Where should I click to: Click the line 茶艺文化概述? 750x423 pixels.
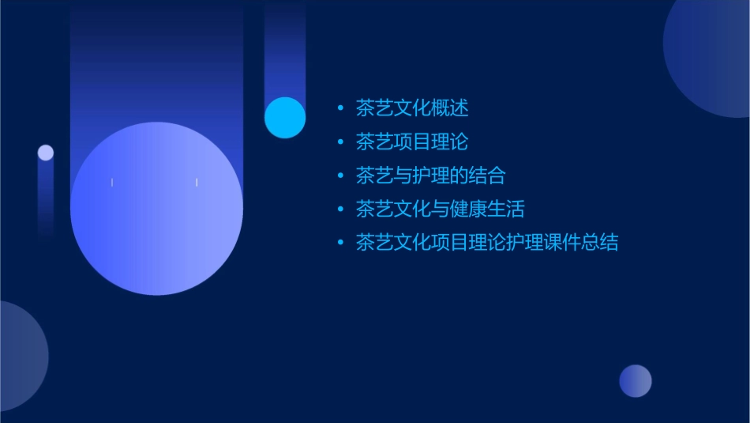[412, 108]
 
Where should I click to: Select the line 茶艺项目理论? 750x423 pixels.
[412, 142]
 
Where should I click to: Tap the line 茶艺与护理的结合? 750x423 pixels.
[430, 175]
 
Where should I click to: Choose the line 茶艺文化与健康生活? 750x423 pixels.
[440, 209]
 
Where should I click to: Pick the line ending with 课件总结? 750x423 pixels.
[486, 243]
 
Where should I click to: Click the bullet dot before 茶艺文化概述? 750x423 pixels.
[340, 108]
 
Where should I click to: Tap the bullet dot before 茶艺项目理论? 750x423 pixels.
[340, 142]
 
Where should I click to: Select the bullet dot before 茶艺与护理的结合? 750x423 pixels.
[340, 176]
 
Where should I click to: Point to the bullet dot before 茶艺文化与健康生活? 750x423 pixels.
[340, 210]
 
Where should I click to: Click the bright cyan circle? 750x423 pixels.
[285, 118]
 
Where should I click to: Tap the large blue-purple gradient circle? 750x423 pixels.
[156, 209]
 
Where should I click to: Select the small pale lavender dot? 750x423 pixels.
[46, 153]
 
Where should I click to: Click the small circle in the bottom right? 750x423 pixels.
[636, 381]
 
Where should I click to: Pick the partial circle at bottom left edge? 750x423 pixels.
[20, 356]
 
